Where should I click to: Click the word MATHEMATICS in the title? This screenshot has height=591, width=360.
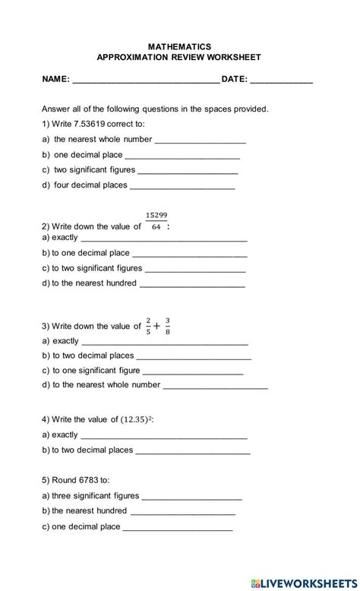click(180, 46)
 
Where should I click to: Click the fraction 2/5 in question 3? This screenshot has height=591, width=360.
click(148, 326)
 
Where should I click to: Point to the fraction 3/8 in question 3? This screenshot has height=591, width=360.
click(167, 326)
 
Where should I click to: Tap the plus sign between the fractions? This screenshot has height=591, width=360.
click(157, 327)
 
